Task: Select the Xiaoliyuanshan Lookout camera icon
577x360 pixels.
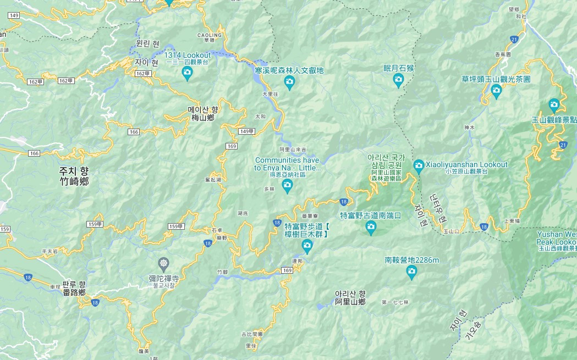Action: point(419,165)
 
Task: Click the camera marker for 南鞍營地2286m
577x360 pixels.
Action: point(411,272)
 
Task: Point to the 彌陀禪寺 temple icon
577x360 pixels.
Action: point(163,263)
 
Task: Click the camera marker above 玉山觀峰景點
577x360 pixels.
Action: point(554,104)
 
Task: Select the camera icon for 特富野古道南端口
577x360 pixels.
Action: point(371,226)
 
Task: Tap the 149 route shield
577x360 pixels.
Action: point(14,15)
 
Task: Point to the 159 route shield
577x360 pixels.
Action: point(5,229)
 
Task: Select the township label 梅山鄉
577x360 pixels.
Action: point(203,118)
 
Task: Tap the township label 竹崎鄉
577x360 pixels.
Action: point(74,181)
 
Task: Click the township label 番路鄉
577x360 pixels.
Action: point(73,292)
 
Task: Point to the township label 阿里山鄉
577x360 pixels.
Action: point(350,302)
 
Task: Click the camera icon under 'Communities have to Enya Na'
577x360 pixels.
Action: point(287,187)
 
